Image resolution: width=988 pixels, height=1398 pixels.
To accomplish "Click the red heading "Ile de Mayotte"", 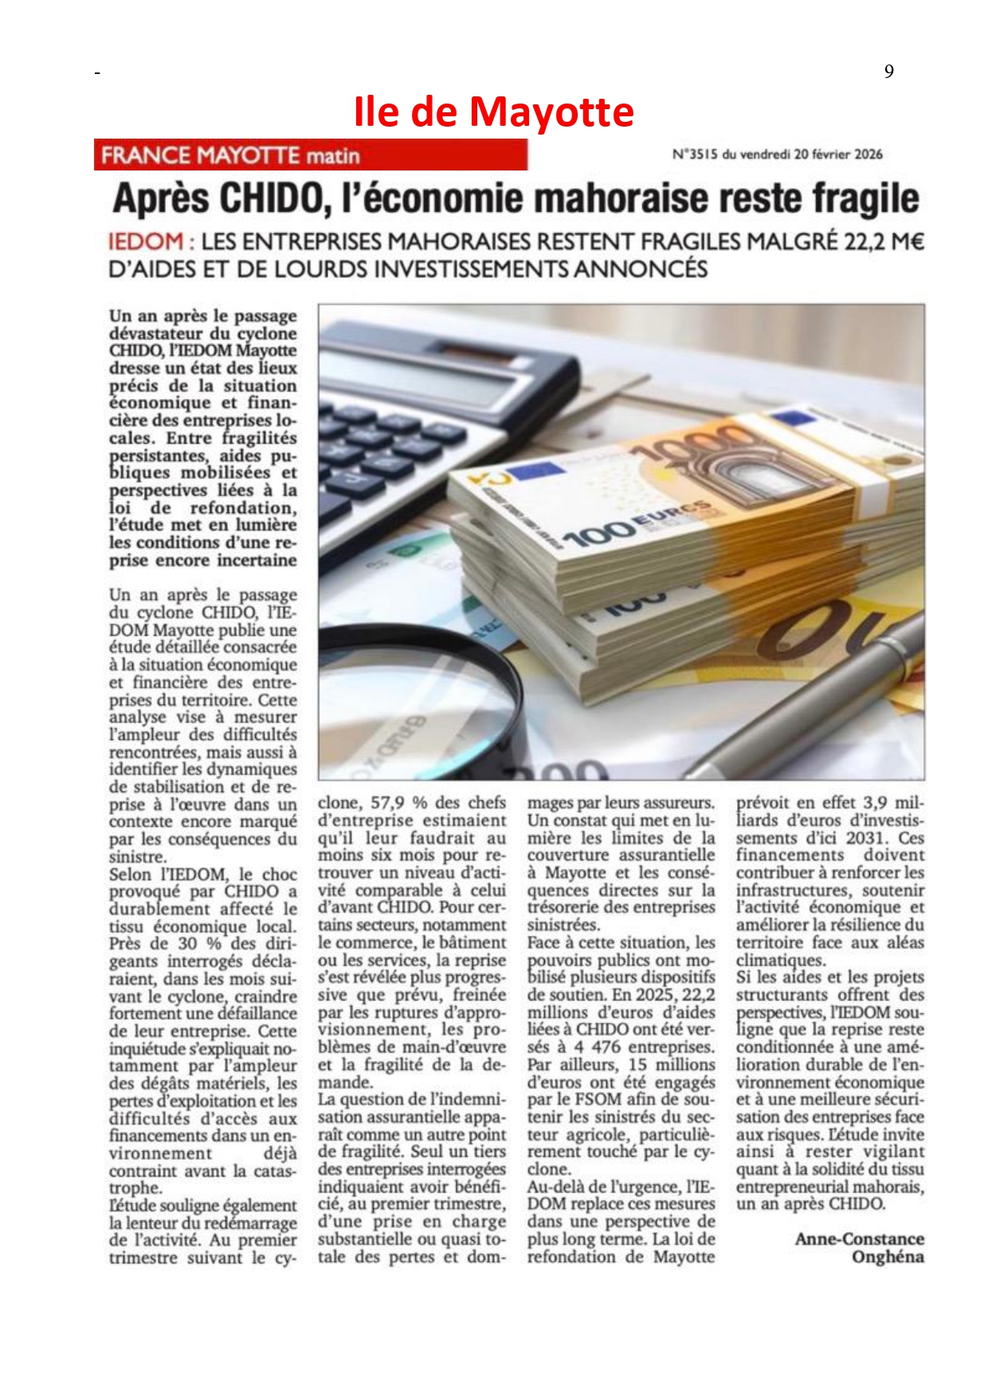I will pos(494,112).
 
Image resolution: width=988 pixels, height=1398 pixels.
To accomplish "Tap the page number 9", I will pos(888,72).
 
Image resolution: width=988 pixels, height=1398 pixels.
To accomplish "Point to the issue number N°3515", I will pos(695,155).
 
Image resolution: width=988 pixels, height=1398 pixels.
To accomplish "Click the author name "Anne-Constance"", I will pos(859,1239).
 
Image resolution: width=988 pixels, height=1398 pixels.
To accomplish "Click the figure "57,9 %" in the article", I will pos(396,803).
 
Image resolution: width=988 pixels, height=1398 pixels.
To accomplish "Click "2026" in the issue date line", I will pos(868,155).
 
